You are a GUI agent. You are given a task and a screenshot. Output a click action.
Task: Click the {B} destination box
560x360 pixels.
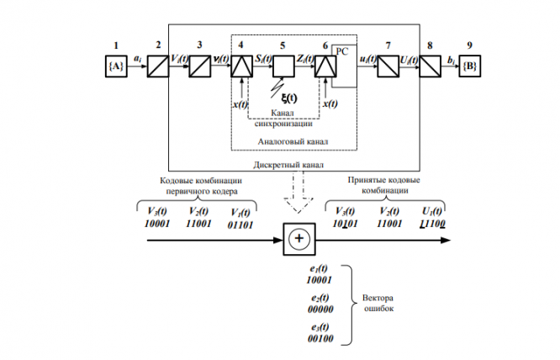click(x=469, y=63)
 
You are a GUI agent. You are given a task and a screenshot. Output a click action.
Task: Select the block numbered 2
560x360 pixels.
click(x=157, y=63)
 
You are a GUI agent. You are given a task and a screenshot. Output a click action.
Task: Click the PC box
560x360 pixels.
click(x=341, y=50)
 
